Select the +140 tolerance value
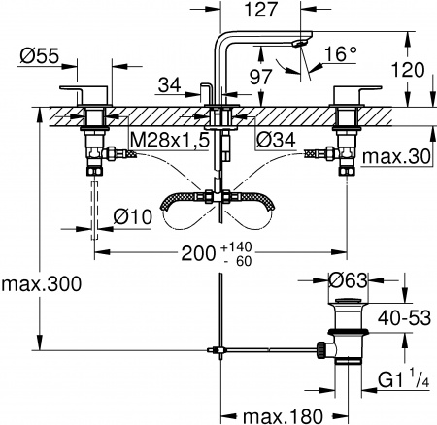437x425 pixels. [x=238, y=246]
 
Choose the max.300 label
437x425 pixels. [x=42, y=284]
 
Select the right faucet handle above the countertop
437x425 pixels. [x=348, y=93]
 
